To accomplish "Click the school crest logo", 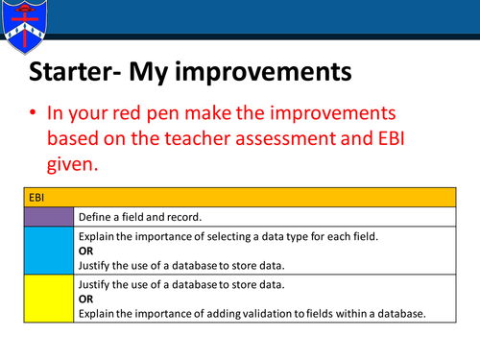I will point(21,26).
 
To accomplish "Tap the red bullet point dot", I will point(33,113).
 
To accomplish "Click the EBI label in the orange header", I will point(36,195).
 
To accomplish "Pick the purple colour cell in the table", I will point(50,216).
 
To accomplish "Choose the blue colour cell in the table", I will point(50,250).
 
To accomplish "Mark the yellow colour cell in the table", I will point(50,298).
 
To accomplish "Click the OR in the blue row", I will point(85,250).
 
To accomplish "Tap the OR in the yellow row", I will point(85,299).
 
